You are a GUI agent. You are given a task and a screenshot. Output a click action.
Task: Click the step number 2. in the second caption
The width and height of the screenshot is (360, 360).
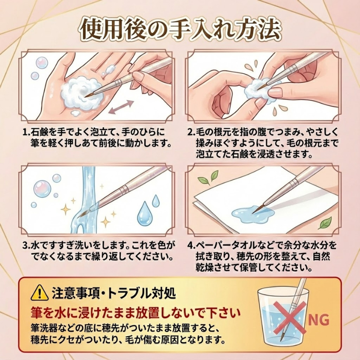[191, 133]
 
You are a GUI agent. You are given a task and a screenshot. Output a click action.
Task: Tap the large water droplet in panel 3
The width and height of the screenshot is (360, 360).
[145, 211]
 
